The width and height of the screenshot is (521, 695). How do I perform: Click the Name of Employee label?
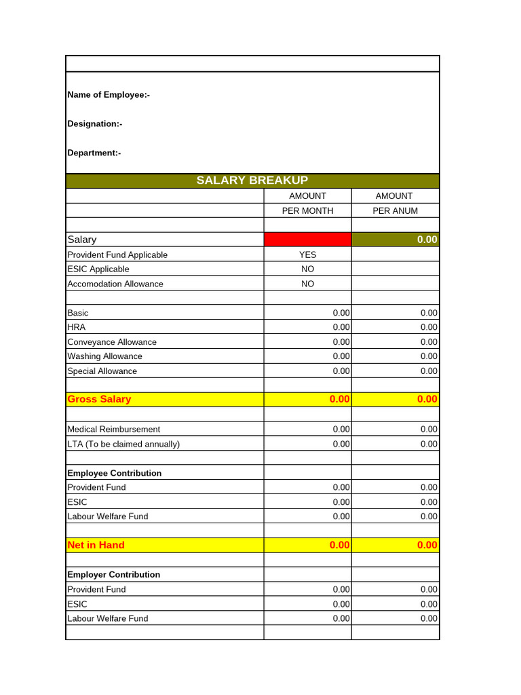[109, 95]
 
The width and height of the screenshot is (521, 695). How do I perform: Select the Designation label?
[95, 124]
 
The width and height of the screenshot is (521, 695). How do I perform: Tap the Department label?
[94, 153]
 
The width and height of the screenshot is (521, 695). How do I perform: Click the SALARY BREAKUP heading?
[252, 181]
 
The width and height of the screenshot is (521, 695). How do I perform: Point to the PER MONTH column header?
[307, 210]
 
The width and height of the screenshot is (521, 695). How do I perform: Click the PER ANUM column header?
[395, 210]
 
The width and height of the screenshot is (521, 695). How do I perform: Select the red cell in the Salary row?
[307, 240]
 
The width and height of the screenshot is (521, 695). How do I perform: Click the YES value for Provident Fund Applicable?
[307, 255]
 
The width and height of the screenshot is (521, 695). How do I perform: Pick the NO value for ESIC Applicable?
[307, 269]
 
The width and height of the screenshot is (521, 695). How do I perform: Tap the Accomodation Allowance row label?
[115, 284]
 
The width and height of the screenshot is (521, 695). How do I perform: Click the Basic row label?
[78, 314]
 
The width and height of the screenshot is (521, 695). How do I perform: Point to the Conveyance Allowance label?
[112, 343]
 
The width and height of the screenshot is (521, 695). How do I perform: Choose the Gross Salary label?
[99, 400]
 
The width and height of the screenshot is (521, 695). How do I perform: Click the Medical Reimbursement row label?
[114, 430]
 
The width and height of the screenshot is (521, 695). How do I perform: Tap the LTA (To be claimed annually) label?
[123, 445]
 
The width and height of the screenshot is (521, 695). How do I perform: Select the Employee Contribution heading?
[115, 474]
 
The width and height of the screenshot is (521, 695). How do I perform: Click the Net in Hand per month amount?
[339, 546]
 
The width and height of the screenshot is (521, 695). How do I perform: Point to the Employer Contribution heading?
[114, 575]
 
